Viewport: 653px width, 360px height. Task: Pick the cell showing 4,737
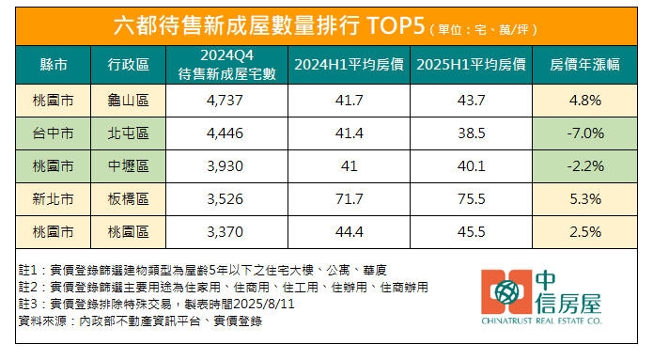click(x=223, y=100)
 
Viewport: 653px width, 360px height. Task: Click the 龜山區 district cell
click(x=126, y=100)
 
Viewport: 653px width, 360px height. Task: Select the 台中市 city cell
click(x=54, y=133)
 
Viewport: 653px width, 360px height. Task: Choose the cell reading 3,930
click(x=223, y=165)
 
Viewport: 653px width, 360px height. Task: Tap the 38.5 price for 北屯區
click(x=470, y=133)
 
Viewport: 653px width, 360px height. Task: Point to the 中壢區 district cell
click(x=126, y=165)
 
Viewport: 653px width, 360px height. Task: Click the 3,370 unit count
click(x=223, y=230)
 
